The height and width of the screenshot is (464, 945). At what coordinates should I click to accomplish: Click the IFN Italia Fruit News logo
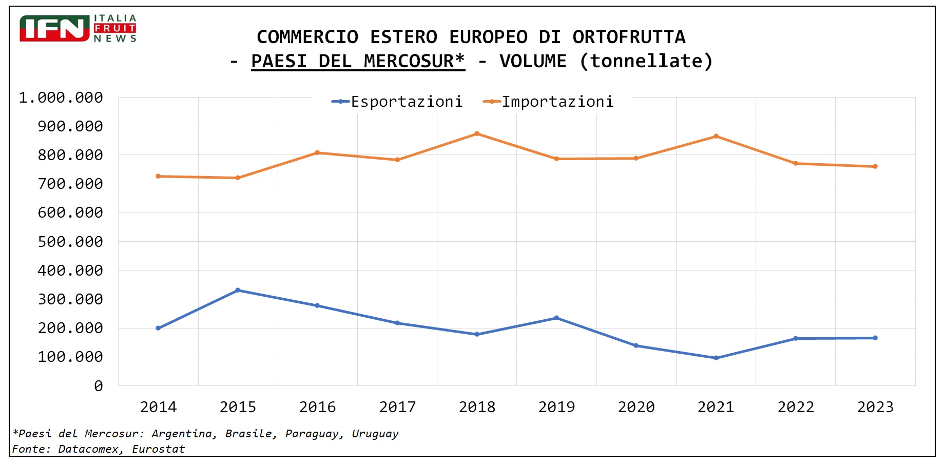click(78, 28)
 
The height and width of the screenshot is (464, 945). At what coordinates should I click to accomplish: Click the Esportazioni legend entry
click(397, 102)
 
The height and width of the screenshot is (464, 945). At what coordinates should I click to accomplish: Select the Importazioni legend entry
click(548, 102)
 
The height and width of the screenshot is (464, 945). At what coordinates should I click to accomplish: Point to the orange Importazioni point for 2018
click(477, 134)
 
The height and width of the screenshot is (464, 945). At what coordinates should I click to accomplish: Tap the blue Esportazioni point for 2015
click(238, 291)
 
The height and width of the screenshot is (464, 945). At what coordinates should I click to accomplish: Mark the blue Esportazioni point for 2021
click(716, 358)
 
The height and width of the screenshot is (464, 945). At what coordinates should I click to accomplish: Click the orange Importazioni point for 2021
click(716, 137)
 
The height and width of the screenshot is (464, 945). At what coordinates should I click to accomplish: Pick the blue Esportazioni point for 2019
click(556, 318)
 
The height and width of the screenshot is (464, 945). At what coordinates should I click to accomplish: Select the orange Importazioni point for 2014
click(158, 176)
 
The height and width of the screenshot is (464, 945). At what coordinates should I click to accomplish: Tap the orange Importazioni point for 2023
click(875, 166)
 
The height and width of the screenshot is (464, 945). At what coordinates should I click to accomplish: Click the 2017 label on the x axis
click(397, 407)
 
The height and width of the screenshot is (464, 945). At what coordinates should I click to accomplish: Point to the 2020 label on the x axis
click(636, 407)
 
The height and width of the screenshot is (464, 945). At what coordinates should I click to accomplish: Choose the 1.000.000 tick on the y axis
click(61, 98)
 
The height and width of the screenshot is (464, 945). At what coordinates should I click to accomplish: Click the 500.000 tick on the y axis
click(70, 242)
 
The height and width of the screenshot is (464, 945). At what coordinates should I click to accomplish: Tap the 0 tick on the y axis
click(99, 386)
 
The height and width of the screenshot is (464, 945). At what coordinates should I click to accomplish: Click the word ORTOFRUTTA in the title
click(629, 37)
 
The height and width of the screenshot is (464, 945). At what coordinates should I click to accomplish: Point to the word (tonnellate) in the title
click(646, 61)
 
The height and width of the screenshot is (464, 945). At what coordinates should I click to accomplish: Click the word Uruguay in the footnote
click(375, 434)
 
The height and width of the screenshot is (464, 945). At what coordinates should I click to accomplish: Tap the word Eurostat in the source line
click(158, 449)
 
